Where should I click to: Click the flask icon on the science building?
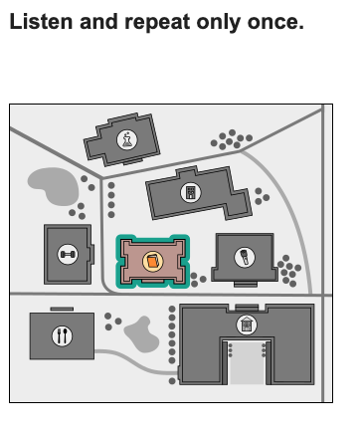pyautogui.click(x=127, y=139)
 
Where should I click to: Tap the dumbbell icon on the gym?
pyautogui.click(x=68, y=255)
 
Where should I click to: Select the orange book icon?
pyautogui.click(x=153, y=261)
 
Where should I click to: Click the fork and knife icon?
pyautogui.click(x=62, y=335)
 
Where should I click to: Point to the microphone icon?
pyautogui.click(x=245, y=257)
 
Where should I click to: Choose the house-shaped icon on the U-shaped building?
pyautogui.click(x=247, y=325)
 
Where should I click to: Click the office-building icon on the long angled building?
pyautogui.click(x=191, y=192)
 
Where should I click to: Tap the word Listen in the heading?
pyautogui.click(x=41, y=22)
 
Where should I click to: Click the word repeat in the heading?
pyautogui.click(x=157, y=23)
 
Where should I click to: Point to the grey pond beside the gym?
pyautogui.click(x=54, y=186)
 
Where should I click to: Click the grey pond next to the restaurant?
pyautogui.click(x=141, y=334)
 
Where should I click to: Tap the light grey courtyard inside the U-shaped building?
pyautogui.click(x=247, y=362)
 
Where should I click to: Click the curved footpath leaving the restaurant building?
pyautogui.click(x=136, y=362)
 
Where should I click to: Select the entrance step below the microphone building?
pyautogui.click(x=246, y=285)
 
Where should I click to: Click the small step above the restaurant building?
pyautogui.click(x=62, y=310)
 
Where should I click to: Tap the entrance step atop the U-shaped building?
pyautogui.click(x=247, y=308)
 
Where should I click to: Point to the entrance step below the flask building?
pyautogui.click(x=133, y=161)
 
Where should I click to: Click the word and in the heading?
pyautogui.click(x=98, y=22)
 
